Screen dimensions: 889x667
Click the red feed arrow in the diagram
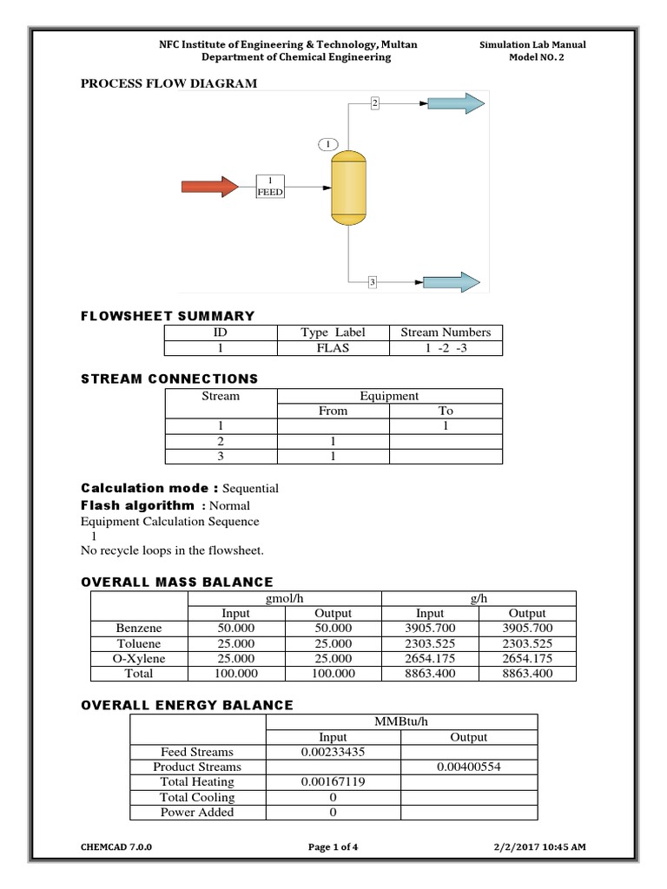click(x=209, y=187)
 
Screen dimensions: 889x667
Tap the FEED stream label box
click(x=270, y=187)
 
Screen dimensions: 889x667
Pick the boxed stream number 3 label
click(x=372, y=282)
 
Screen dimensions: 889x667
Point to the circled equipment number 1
click(x=327, y=143)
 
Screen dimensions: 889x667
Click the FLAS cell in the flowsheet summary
click(x=333, y=348)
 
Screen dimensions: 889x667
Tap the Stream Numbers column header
click(x=446, y=333)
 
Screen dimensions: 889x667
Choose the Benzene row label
click(x=139, y=628)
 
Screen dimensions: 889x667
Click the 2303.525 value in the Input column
click(x=431, y=643)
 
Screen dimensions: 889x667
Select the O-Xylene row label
click(x=139, y=658)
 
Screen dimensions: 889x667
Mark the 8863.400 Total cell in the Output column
click(x=527, y=673)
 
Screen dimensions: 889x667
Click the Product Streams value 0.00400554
click(x=469, y=767)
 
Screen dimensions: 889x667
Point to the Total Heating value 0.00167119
click(x=333, y=782)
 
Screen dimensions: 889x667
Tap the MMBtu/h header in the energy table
click(x=401, y=722)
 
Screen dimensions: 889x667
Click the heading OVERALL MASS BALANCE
click(x=177, y=582)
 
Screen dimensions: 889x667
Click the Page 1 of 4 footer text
click(x=334, y=847)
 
